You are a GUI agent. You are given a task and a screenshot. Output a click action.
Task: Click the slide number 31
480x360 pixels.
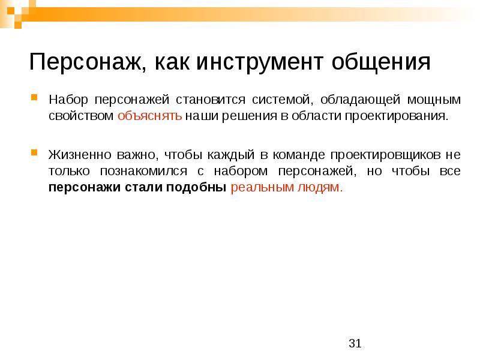[355, 343]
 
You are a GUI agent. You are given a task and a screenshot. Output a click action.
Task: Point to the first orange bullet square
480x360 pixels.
[35, 97]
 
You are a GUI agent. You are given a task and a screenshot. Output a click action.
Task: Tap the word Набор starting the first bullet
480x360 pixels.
[65, 98]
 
